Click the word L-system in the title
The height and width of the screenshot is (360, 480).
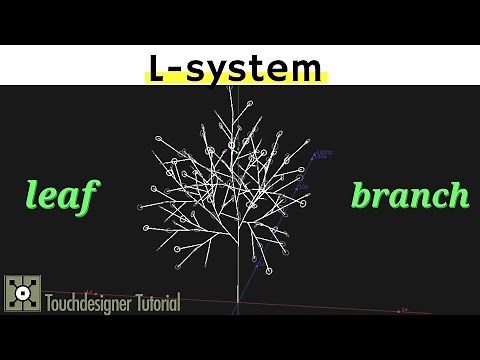(237, 68)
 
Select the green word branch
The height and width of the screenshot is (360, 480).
(410, 195)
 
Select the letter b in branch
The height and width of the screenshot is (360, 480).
(362, 194)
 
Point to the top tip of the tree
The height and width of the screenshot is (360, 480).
(235, 89)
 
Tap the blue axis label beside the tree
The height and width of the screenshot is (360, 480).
(323, 154)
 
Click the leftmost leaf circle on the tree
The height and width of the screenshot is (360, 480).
(141, 208)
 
